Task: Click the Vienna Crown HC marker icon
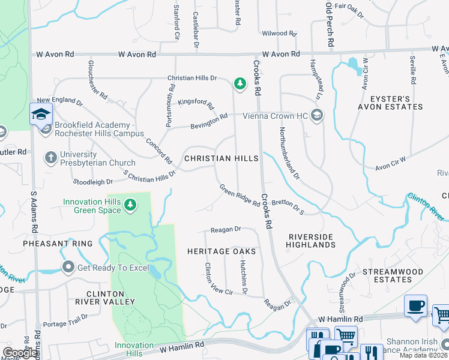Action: [317, 115]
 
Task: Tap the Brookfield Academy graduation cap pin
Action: [41, 114]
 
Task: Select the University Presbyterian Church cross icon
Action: [51, 158]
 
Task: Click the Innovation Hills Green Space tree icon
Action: [130, 206]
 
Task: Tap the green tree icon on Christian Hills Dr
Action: [240, 83]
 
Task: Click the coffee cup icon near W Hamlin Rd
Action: [415, 306]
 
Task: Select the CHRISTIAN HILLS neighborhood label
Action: [221, 158]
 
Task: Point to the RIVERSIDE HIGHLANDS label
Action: [310, 241]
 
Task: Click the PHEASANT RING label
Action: [58, 244]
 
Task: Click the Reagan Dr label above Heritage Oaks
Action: [225, 229]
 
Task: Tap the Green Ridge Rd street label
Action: [239, 195]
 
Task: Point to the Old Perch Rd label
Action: [329, 25]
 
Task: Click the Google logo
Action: [20, 353]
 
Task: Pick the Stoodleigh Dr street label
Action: [92, 181]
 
